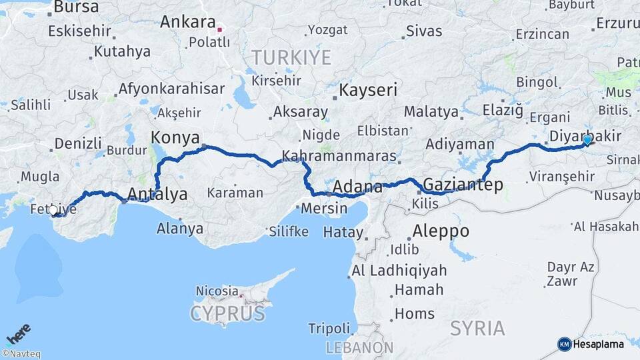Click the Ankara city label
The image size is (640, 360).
tap(187, 22)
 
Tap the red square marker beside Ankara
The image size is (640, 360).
tap(219, 29)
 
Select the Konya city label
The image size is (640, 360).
tap(175, 137)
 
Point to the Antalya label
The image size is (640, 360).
tap(157, 194)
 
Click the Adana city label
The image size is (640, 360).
tap(357, 187)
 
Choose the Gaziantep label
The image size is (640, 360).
tap(463, 185)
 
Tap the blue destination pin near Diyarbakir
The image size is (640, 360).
tap(587, 140)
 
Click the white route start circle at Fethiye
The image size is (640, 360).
tap(53, 210)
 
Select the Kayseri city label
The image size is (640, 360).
tap(368, 90)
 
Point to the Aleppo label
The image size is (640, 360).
tap(441, 232)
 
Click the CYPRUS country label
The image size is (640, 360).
tap(227, 313)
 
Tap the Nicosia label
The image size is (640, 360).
tap(217, 291)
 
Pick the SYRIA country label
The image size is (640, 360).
tap(477, 328)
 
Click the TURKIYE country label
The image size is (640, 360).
tap(291, 57)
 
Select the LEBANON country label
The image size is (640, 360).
tap(359, 347)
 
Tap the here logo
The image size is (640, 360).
tap(18, 334)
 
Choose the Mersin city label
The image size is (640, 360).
tap(324, 208)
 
